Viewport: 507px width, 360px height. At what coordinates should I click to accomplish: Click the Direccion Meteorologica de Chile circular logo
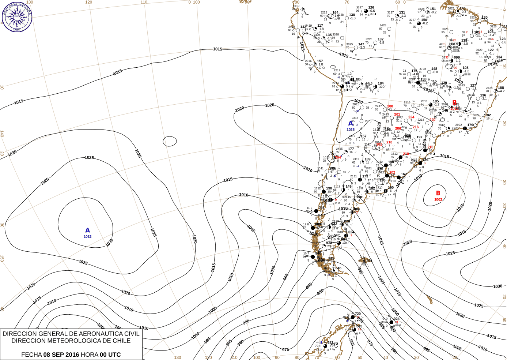[17, 17]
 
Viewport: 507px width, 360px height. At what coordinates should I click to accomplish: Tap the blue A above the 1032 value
[87, 230]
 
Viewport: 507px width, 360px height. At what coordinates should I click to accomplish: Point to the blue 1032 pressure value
[87, 237]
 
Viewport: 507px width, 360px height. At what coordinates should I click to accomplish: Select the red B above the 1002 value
[438, 193]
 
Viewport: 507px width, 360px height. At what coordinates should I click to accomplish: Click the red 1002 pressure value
[438, 199]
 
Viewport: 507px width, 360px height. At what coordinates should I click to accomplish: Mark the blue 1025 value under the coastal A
[351, 130]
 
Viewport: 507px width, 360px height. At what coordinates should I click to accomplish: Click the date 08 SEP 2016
[61, 355]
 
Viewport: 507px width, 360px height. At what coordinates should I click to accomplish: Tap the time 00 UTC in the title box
[110, 355]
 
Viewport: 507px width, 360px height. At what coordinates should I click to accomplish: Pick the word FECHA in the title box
[31, 355]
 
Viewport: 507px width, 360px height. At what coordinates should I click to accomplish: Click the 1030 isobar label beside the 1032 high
[110, 243]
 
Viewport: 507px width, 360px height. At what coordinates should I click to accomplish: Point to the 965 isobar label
[352, 342]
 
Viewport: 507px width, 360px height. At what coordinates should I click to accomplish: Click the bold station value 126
[371, 7]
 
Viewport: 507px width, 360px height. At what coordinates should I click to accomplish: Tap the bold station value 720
[358, 314]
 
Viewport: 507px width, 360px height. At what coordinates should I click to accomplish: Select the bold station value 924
[397, 319]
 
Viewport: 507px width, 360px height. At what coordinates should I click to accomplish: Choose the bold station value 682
[330, 343]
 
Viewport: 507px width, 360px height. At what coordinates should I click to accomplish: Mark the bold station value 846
[338, 268]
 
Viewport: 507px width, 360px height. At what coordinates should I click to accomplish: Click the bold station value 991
[370, 261]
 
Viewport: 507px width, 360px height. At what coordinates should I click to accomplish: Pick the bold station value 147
[361, 44]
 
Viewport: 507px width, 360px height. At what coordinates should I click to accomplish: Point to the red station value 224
[411, 117]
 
